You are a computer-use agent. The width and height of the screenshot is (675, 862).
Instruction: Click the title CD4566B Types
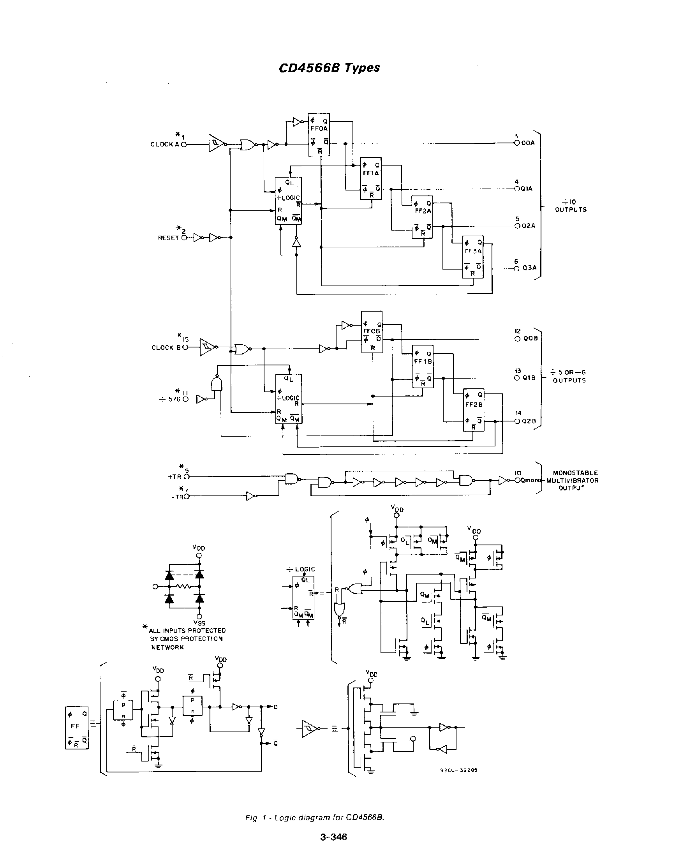[329, 68]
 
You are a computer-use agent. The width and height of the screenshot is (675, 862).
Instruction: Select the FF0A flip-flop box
[319, 135]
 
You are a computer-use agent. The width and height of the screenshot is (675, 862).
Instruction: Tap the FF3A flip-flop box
[473, 257]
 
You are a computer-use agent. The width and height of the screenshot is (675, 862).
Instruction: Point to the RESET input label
[168, 238]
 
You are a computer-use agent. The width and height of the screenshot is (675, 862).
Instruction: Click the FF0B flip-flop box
[372, 332]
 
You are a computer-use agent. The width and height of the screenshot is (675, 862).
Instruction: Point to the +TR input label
[174, 477]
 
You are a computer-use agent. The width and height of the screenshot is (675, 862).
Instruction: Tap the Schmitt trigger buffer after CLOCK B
[208, 347]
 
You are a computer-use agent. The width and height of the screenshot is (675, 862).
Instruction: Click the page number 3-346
[333, 837]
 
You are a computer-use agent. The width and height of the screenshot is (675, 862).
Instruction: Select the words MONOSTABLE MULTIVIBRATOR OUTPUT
[572, 481]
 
